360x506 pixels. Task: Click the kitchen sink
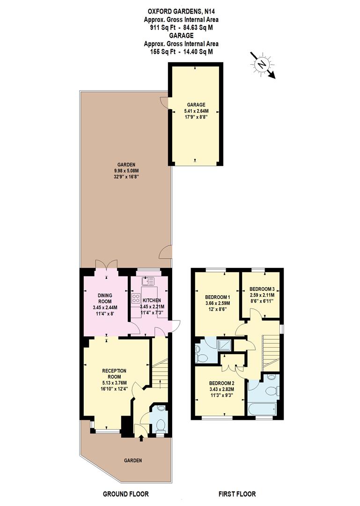pyautogui.click(x=148, y=282)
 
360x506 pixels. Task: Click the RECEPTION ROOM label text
pyautogui.click(x=114, y=373)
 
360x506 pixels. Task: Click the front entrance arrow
pyautogui.click(x=141, y=438)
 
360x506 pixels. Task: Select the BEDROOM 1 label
pyautogui.click(x=218, y=297)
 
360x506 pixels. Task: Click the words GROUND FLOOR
pyautogui.click(x=125, y=494)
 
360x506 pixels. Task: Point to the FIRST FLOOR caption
pyautogui.click(x=237, y=494)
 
